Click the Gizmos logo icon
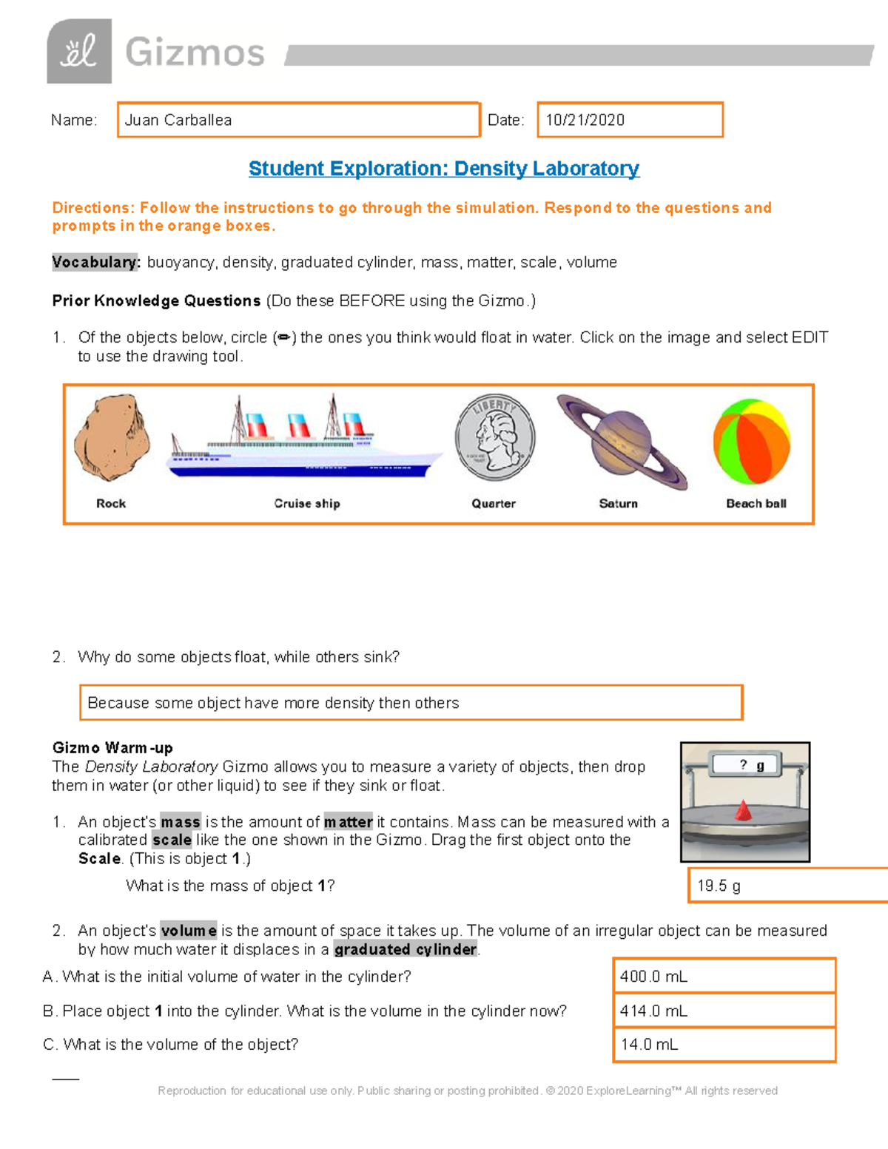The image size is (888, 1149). pyautogui.click(x=79, y=52)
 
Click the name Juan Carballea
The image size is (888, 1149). pyautogui.click(x=178, y=120)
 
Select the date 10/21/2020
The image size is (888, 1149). pyautogui.click(x=585, y=120)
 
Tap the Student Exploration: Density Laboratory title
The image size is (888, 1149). pyautogui.click(x=444, y=169)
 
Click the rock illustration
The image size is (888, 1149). pyautogui.click(x=112, y=439)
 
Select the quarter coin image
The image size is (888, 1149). pyautogui.click(x=495, y=437)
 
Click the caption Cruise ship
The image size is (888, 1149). pyautogui.click(x=307, y=504)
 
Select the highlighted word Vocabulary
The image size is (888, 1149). pyautogui.click(x=95, y=263)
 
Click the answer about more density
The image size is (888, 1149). pyautogui.click(x=273, y=703)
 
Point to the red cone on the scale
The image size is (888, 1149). pyautogui.click(x=743, y=811)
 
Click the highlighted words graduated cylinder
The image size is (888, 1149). pyautogui.click(x=406, y=949)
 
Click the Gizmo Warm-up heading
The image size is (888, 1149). pyautogui.click(x=112, y=748)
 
